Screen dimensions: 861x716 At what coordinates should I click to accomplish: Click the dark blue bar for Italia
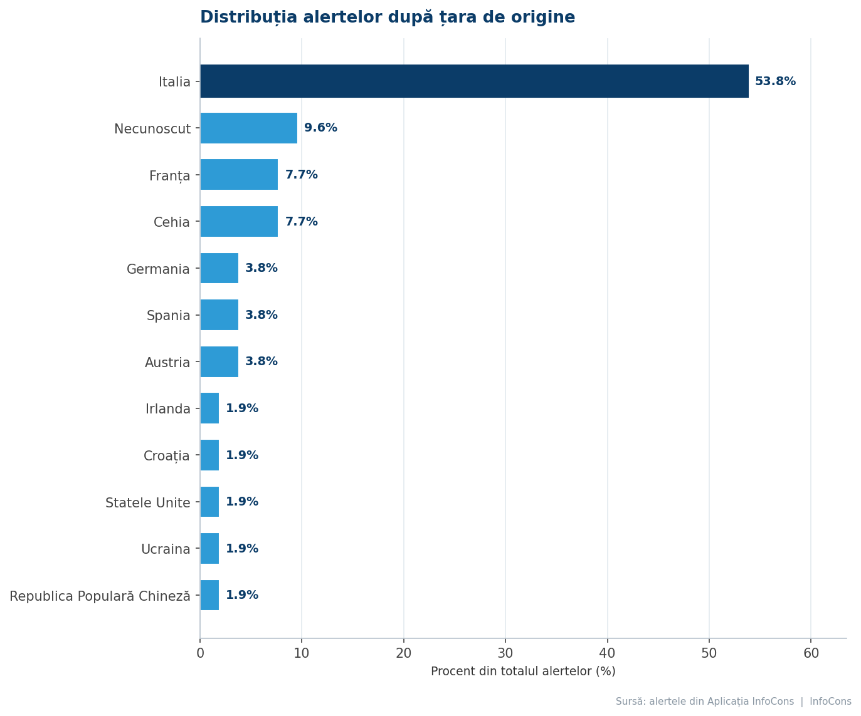click(474, 81)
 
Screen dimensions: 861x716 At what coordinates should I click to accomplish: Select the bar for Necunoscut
click(249, 128)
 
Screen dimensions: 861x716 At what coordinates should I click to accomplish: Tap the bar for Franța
click(239, 175)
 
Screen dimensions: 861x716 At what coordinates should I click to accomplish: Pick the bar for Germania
click(219, 268)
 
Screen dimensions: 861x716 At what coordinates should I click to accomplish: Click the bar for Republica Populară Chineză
click(209, 595)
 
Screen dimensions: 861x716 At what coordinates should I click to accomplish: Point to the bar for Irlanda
click(209, 408)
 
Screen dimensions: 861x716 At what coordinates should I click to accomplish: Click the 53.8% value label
click(775, 81)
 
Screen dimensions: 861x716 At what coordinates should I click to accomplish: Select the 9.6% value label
click(320, 128)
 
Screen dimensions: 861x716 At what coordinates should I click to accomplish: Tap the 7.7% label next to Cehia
click(302, 222)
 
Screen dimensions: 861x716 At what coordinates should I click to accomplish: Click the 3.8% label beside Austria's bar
click(261, 361)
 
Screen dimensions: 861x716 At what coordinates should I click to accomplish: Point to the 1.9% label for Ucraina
click(242, 548)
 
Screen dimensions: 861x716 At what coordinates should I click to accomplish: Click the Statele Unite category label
click(147, 502)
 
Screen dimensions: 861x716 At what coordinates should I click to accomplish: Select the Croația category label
click(167, 456)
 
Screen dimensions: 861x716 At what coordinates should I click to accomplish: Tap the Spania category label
click(168, 316)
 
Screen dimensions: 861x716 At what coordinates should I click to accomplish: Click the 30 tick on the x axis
click(505, 653)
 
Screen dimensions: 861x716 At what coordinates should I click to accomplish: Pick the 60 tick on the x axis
click(811, 653)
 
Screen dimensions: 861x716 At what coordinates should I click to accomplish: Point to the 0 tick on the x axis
click(201, 653)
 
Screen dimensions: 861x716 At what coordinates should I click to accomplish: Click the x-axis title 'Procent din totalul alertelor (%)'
click(523, 672)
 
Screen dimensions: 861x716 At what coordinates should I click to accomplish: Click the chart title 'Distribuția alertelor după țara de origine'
click(387, 18)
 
